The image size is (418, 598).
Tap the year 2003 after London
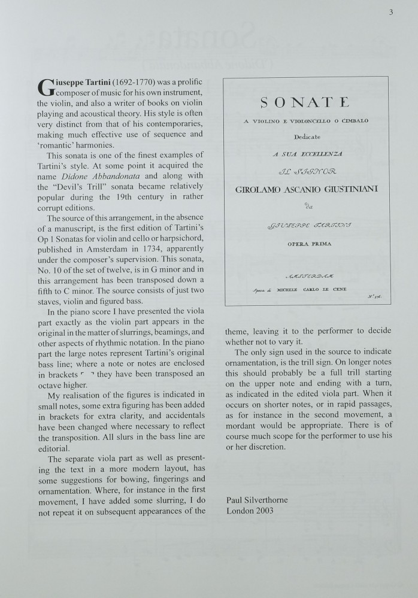coord(264,511)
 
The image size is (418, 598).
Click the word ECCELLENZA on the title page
coord(326,154)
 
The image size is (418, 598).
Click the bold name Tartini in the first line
coord(93,81)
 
